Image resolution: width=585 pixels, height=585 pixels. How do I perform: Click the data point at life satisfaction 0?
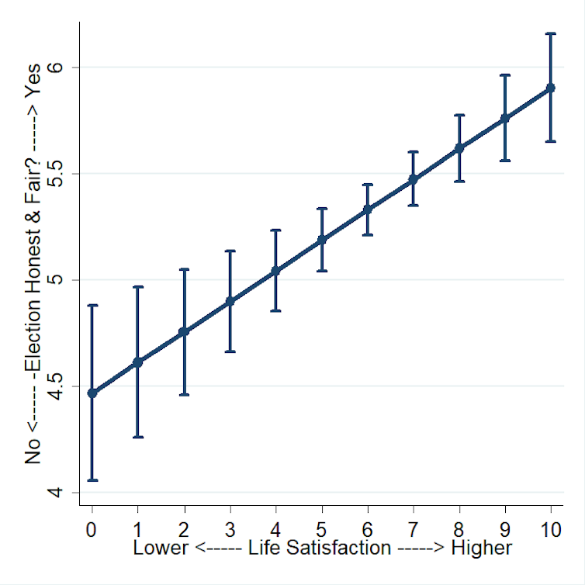pos(92,393)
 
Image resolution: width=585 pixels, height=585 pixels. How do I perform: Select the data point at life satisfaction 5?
pos(321,240)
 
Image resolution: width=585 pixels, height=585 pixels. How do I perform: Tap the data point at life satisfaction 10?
pos(551,88)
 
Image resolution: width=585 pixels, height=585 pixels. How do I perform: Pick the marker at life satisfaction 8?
pos(459,147)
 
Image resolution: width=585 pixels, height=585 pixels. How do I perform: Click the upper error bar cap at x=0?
pos(92,306)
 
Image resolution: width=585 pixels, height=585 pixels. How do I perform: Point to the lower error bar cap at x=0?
pos(92,480)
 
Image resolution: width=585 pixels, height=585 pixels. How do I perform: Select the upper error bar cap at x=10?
pos(551,33)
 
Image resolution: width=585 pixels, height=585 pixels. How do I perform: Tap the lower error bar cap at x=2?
pos(184,395)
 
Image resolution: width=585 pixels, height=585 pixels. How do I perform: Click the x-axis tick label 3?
pos(230,530)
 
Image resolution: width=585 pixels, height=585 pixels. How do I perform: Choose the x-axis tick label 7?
pos(414,530)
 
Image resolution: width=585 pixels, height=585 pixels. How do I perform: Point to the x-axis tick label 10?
pos(551,530)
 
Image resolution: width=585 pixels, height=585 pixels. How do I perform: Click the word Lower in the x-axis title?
pos(161,548)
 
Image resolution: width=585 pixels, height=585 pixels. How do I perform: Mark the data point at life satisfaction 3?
pos(230,301)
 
